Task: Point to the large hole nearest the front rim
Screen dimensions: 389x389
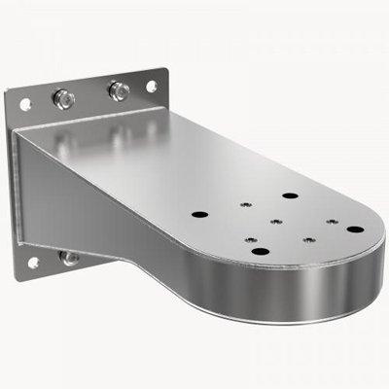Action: pyautogui.click(x=260, y=251)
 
